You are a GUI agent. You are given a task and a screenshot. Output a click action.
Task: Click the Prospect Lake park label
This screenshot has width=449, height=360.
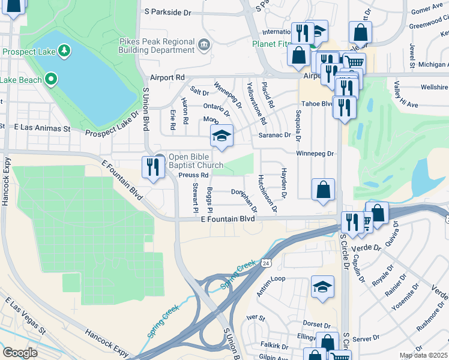coord(29,52)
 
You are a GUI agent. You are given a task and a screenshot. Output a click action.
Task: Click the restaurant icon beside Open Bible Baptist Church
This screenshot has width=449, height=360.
coord(149,166)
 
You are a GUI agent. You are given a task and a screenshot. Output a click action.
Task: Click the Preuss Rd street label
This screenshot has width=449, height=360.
coord(193,175)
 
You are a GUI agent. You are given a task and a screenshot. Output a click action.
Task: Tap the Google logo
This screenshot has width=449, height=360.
coord(20,352)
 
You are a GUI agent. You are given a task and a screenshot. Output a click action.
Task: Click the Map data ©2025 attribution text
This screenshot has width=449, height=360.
coord(423,355)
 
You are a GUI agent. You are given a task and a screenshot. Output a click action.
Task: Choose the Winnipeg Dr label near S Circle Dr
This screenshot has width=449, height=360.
coord(315,154)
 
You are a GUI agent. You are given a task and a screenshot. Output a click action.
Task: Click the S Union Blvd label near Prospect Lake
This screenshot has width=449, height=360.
coord(145,109)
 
